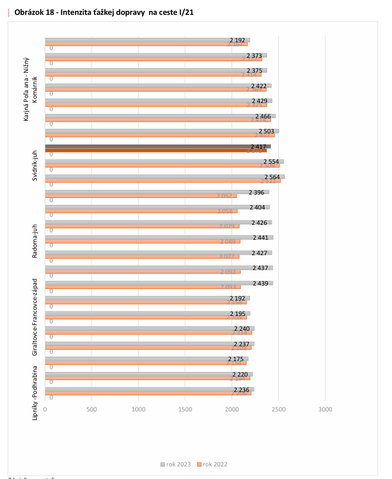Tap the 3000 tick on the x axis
tap(325, 409)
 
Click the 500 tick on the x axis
tap(91, 409)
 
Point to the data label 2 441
tap(261, 237)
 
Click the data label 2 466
tap(263, 116)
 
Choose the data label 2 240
tap(242, 328)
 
